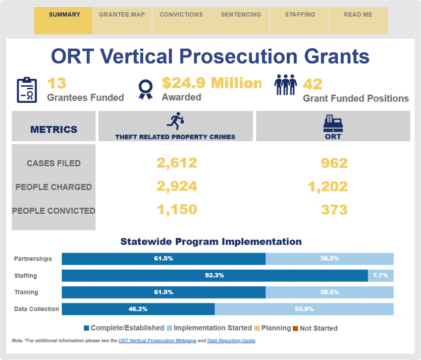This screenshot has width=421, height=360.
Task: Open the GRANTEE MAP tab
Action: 122,20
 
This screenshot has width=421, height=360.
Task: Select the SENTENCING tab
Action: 241,20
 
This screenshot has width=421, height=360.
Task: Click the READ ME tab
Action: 358,20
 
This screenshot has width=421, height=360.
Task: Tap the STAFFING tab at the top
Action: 299,20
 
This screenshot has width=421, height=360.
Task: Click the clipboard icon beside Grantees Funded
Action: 27,90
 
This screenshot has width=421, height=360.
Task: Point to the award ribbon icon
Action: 146,90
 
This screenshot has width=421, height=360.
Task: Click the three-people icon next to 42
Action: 285,85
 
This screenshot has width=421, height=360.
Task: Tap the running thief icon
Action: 176,121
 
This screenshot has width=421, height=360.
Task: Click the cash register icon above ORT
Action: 333,123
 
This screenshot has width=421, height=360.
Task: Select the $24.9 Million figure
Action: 211,83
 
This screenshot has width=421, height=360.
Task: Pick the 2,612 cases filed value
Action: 177,163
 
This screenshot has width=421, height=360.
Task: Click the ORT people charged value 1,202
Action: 327,186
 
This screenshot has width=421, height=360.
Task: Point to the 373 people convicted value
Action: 334,210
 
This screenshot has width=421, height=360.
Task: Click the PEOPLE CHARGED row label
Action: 53,187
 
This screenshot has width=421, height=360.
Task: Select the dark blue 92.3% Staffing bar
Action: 215,276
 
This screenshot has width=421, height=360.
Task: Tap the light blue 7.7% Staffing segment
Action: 381,276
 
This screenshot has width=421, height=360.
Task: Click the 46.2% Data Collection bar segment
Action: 138,309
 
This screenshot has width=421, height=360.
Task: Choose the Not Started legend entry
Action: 315,328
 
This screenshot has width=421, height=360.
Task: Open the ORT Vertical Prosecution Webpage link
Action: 158,340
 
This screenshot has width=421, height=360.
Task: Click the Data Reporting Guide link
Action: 231,340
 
